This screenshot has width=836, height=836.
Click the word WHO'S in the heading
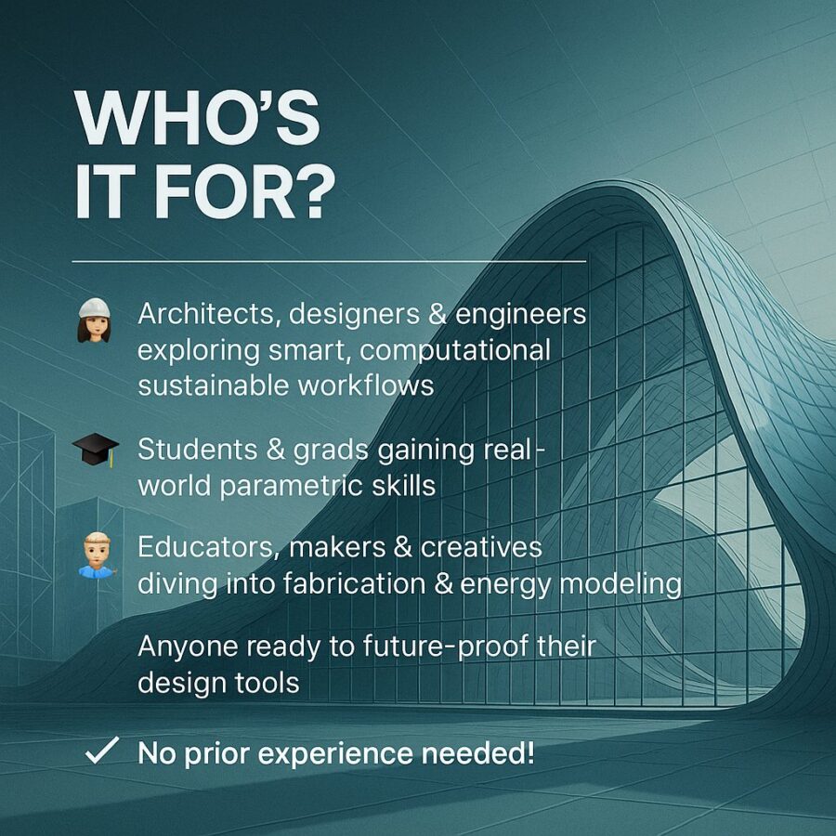(x=197, y=118)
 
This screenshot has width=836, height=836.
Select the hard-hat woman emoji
(x=95, y=320)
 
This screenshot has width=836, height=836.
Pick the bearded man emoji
(x=96, y=555)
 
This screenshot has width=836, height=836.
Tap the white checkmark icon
(x=102, y=751)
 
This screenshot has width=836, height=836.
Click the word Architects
(x=210, y=314)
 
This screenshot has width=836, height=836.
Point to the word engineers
(x=520, y=315)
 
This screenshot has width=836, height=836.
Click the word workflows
(x=366, y=385)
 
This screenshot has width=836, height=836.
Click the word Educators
(x=210, y=547)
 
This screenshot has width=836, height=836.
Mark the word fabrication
(x=355, y=584)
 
